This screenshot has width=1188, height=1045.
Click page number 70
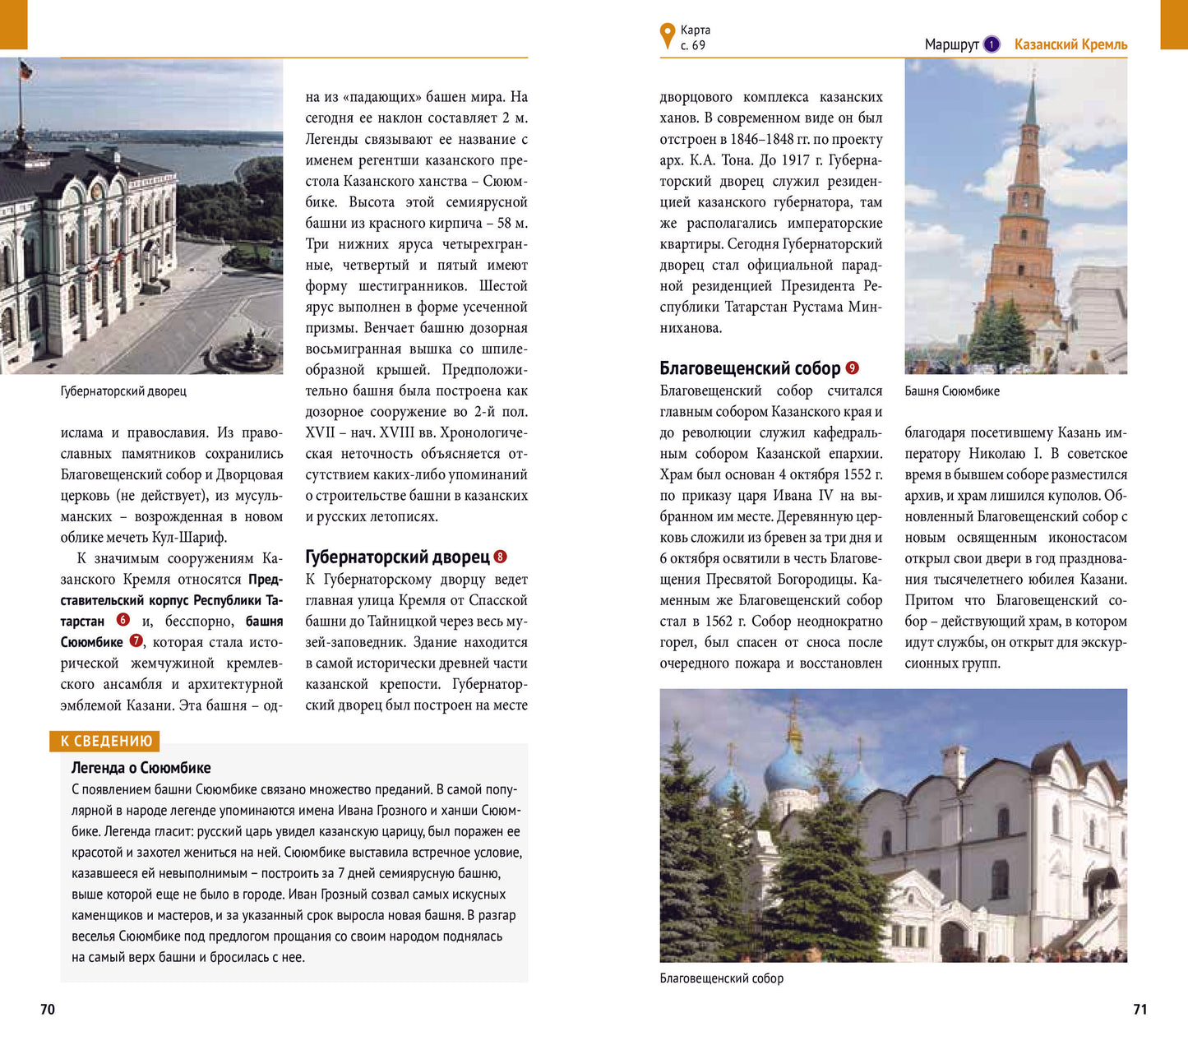48,1009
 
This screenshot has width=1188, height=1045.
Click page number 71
1139,1009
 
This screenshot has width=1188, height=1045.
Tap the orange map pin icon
667,35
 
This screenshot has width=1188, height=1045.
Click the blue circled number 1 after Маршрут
992,44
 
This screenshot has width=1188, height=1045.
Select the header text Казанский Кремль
1070,44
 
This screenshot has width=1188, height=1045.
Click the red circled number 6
123,620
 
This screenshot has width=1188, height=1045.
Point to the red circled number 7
136,640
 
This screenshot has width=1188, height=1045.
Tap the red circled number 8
500,557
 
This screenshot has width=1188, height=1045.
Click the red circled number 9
852,368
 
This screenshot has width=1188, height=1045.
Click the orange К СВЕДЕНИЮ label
106,741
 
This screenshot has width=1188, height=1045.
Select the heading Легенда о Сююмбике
141,768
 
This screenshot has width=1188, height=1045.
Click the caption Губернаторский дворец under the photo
123,391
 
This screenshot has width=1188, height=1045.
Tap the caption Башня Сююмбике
952,391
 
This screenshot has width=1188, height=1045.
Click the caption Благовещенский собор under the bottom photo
721,978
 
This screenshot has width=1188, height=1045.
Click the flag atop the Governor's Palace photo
25,70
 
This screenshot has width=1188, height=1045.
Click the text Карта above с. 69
696,30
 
